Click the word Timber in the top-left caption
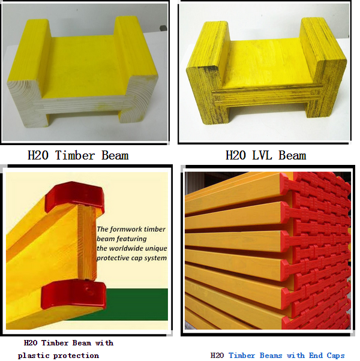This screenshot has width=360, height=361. coord(75,155)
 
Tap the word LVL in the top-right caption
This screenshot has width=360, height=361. coord(262,155)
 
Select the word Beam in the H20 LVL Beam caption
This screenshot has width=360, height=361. coord(292,155)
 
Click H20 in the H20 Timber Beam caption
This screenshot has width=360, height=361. coord(38,155)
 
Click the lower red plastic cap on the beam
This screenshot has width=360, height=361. coord(74,294)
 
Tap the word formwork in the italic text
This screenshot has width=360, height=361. coord(122,229)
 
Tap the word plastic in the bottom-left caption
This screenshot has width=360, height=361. coord(34,356)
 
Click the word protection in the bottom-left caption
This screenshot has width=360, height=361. coord(76,356)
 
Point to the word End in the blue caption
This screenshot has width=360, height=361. coord(316,356)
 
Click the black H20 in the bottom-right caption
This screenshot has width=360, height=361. coord(217,356)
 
